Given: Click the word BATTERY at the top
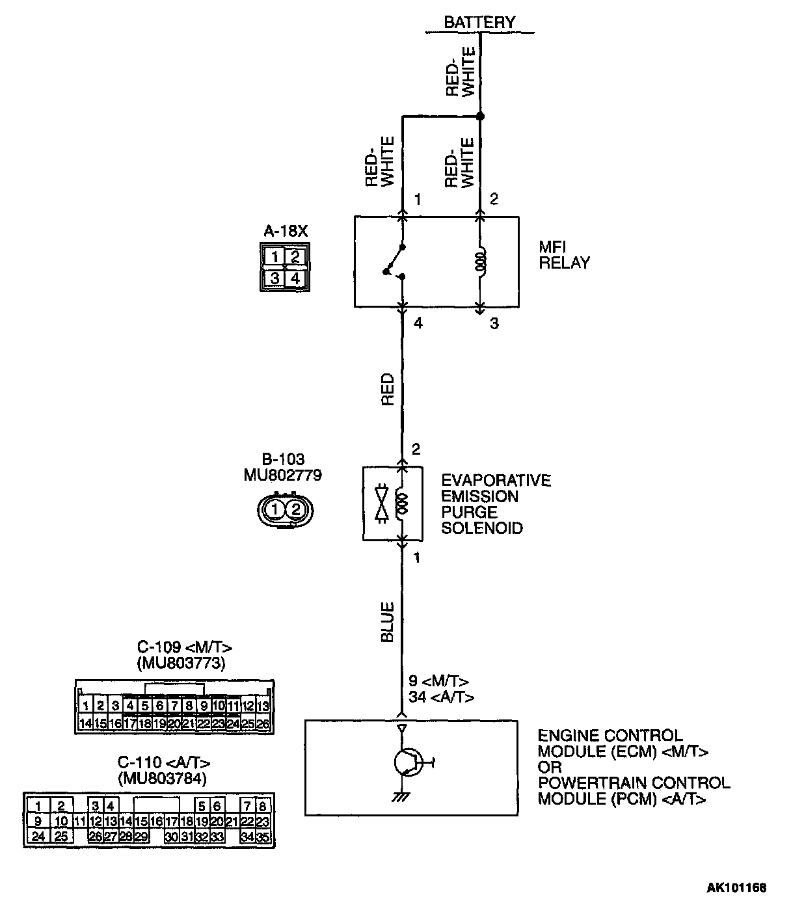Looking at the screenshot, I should [x=479, y=22].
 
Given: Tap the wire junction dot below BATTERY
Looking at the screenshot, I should [x=480, y=116].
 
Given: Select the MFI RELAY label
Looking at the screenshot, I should [x=564, y=255].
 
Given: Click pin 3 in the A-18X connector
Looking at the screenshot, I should [x=275, y=279].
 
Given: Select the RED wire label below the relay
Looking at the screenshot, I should [x=388, y=389].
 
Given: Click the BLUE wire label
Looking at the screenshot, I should [x=388, y=623].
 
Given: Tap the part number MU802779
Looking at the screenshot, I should [x=282, y=476].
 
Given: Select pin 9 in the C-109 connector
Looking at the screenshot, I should [x=204, y=705].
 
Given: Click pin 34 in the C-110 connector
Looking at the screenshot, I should [x=247, y=837].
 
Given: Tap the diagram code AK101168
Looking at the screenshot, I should [x=737, y=887].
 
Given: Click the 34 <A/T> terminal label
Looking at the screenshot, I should [x=441, y=697].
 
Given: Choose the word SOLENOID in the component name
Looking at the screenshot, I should [x=482, y=528].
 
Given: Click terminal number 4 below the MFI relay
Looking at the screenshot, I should [x=418, y=323].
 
